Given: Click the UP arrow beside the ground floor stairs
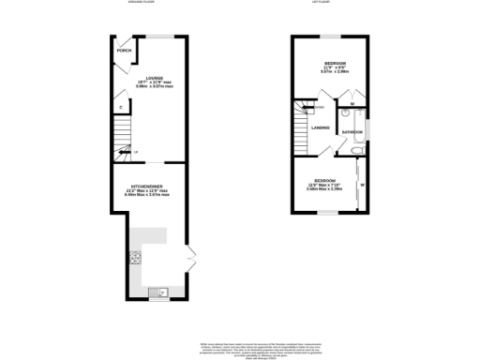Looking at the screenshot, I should point(136,152).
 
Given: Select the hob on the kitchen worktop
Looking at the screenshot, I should point(136,254).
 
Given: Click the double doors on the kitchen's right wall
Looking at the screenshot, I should point(190,256).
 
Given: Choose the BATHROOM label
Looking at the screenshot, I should point(352,133).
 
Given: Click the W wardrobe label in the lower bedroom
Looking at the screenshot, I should point(362,185).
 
